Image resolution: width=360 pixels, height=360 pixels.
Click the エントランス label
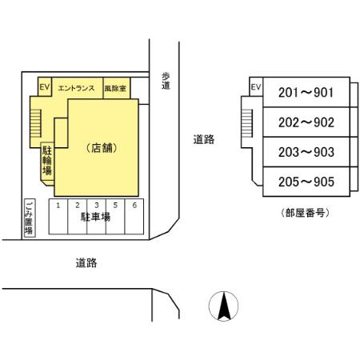pos(77,89)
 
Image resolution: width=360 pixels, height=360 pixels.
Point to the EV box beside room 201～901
pos(256,87)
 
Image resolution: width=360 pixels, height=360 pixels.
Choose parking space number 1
pos(58,206)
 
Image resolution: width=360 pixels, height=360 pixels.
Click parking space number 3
pos(96,206)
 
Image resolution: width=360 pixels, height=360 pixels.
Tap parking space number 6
pos(134,206)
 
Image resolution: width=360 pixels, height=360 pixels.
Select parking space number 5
pos(115,206)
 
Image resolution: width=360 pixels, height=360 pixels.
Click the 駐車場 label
pos(95,218)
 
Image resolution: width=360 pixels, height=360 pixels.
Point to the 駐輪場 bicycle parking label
pos(47,159)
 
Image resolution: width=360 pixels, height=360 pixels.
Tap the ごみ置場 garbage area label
pos(29,218)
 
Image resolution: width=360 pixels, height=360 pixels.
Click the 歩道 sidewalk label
pos(166,80)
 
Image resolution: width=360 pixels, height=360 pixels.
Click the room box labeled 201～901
pos(305,94)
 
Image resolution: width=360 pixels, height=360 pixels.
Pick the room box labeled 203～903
pos(305,152)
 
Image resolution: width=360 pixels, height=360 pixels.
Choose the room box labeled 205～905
pos(305,182)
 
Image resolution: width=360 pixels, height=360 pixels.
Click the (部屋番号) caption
pos(305,213)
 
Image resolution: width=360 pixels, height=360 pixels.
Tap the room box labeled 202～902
pos(305,123)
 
